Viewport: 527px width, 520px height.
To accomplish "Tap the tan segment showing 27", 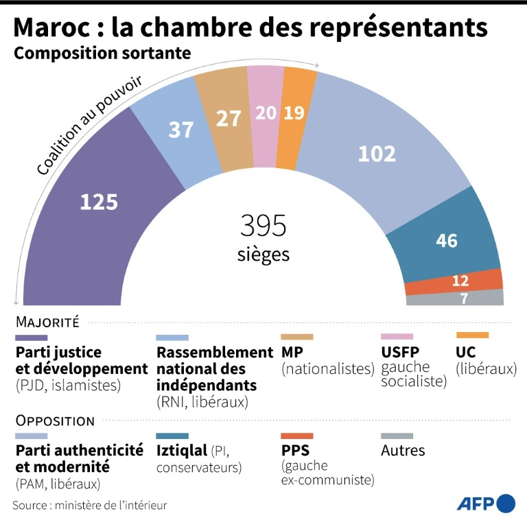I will pos(227,118).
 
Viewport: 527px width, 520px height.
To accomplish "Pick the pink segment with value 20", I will pos(265,113).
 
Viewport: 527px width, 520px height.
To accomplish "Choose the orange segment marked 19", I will pos(294,113).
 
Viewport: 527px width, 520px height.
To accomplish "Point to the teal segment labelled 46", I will pos(447,240).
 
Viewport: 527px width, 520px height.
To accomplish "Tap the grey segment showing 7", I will pos(464,298).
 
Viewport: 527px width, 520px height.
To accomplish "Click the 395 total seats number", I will pos(263,225).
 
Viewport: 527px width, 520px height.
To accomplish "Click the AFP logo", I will pos(486,503).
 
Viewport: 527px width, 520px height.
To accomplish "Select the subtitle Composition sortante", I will pos(102,53).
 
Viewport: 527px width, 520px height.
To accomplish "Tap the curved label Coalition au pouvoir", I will pos(89,123).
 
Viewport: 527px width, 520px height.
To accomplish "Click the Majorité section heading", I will pos(47,321).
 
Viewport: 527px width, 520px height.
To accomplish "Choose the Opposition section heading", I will pos(54,421).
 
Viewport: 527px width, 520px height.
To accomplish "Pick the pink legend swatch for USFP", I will pos(397,337).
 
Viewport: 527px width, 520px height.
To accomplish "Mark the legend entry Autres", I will pos(403,451).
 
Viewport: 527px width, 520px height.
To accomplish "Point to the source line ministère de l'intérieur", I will pos(89,505).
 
